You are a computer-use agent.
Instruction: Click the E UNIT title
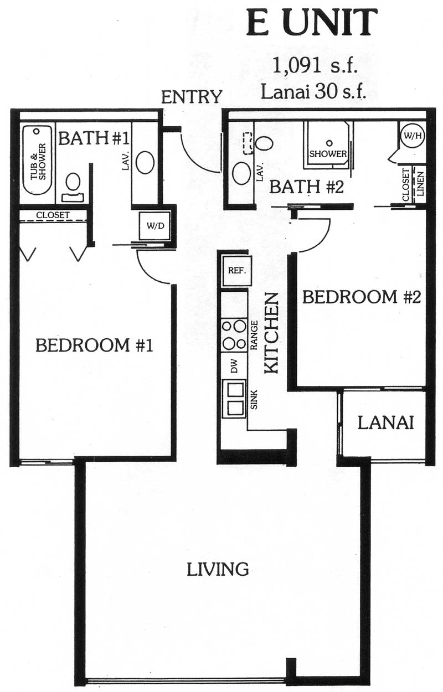coord(311,22)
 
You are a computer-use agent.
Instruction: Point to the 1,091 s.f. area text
coord(314,66)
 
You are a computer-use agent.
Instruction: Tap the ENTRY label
coord(192,97)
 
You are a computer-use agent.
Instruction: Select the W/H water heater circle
coord(413,136)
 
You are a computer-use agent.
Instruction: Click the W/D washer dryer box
coord(154,226)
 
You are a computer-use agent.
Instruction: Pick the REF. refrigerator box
coord(236,271)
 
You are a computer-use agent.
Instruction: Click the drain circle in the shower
coord(329,143)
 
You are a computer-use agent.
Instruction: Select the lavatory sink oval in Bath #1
coord(145,163)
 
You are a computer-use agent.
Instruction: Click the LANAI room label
coord(385,423)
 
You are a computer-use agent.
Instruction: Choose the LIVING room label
coord(218,569)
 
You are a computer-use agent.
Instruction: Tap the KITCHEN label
coord(272,333)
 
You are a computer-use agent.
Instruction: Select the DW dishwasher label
coord(234,366)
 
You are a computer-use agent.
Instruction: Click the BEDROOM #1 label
coord(94,345)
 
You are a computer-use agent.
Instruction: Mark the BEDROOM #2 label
coord(362,297)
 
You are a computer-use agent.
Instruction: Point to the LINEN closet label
coord(421,184)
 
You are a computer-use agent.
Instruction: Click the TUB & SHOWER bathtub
coord(38,160)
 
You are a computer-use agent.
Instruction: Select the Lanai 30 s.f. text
coord(314,91)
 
